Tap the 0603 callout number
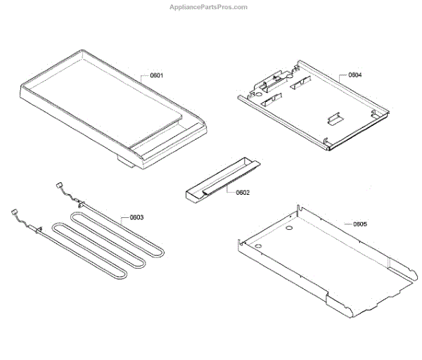(136, 217)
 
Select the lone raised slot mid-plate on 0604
(334, 115)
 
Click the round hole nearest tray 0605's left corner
(258, 246)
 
